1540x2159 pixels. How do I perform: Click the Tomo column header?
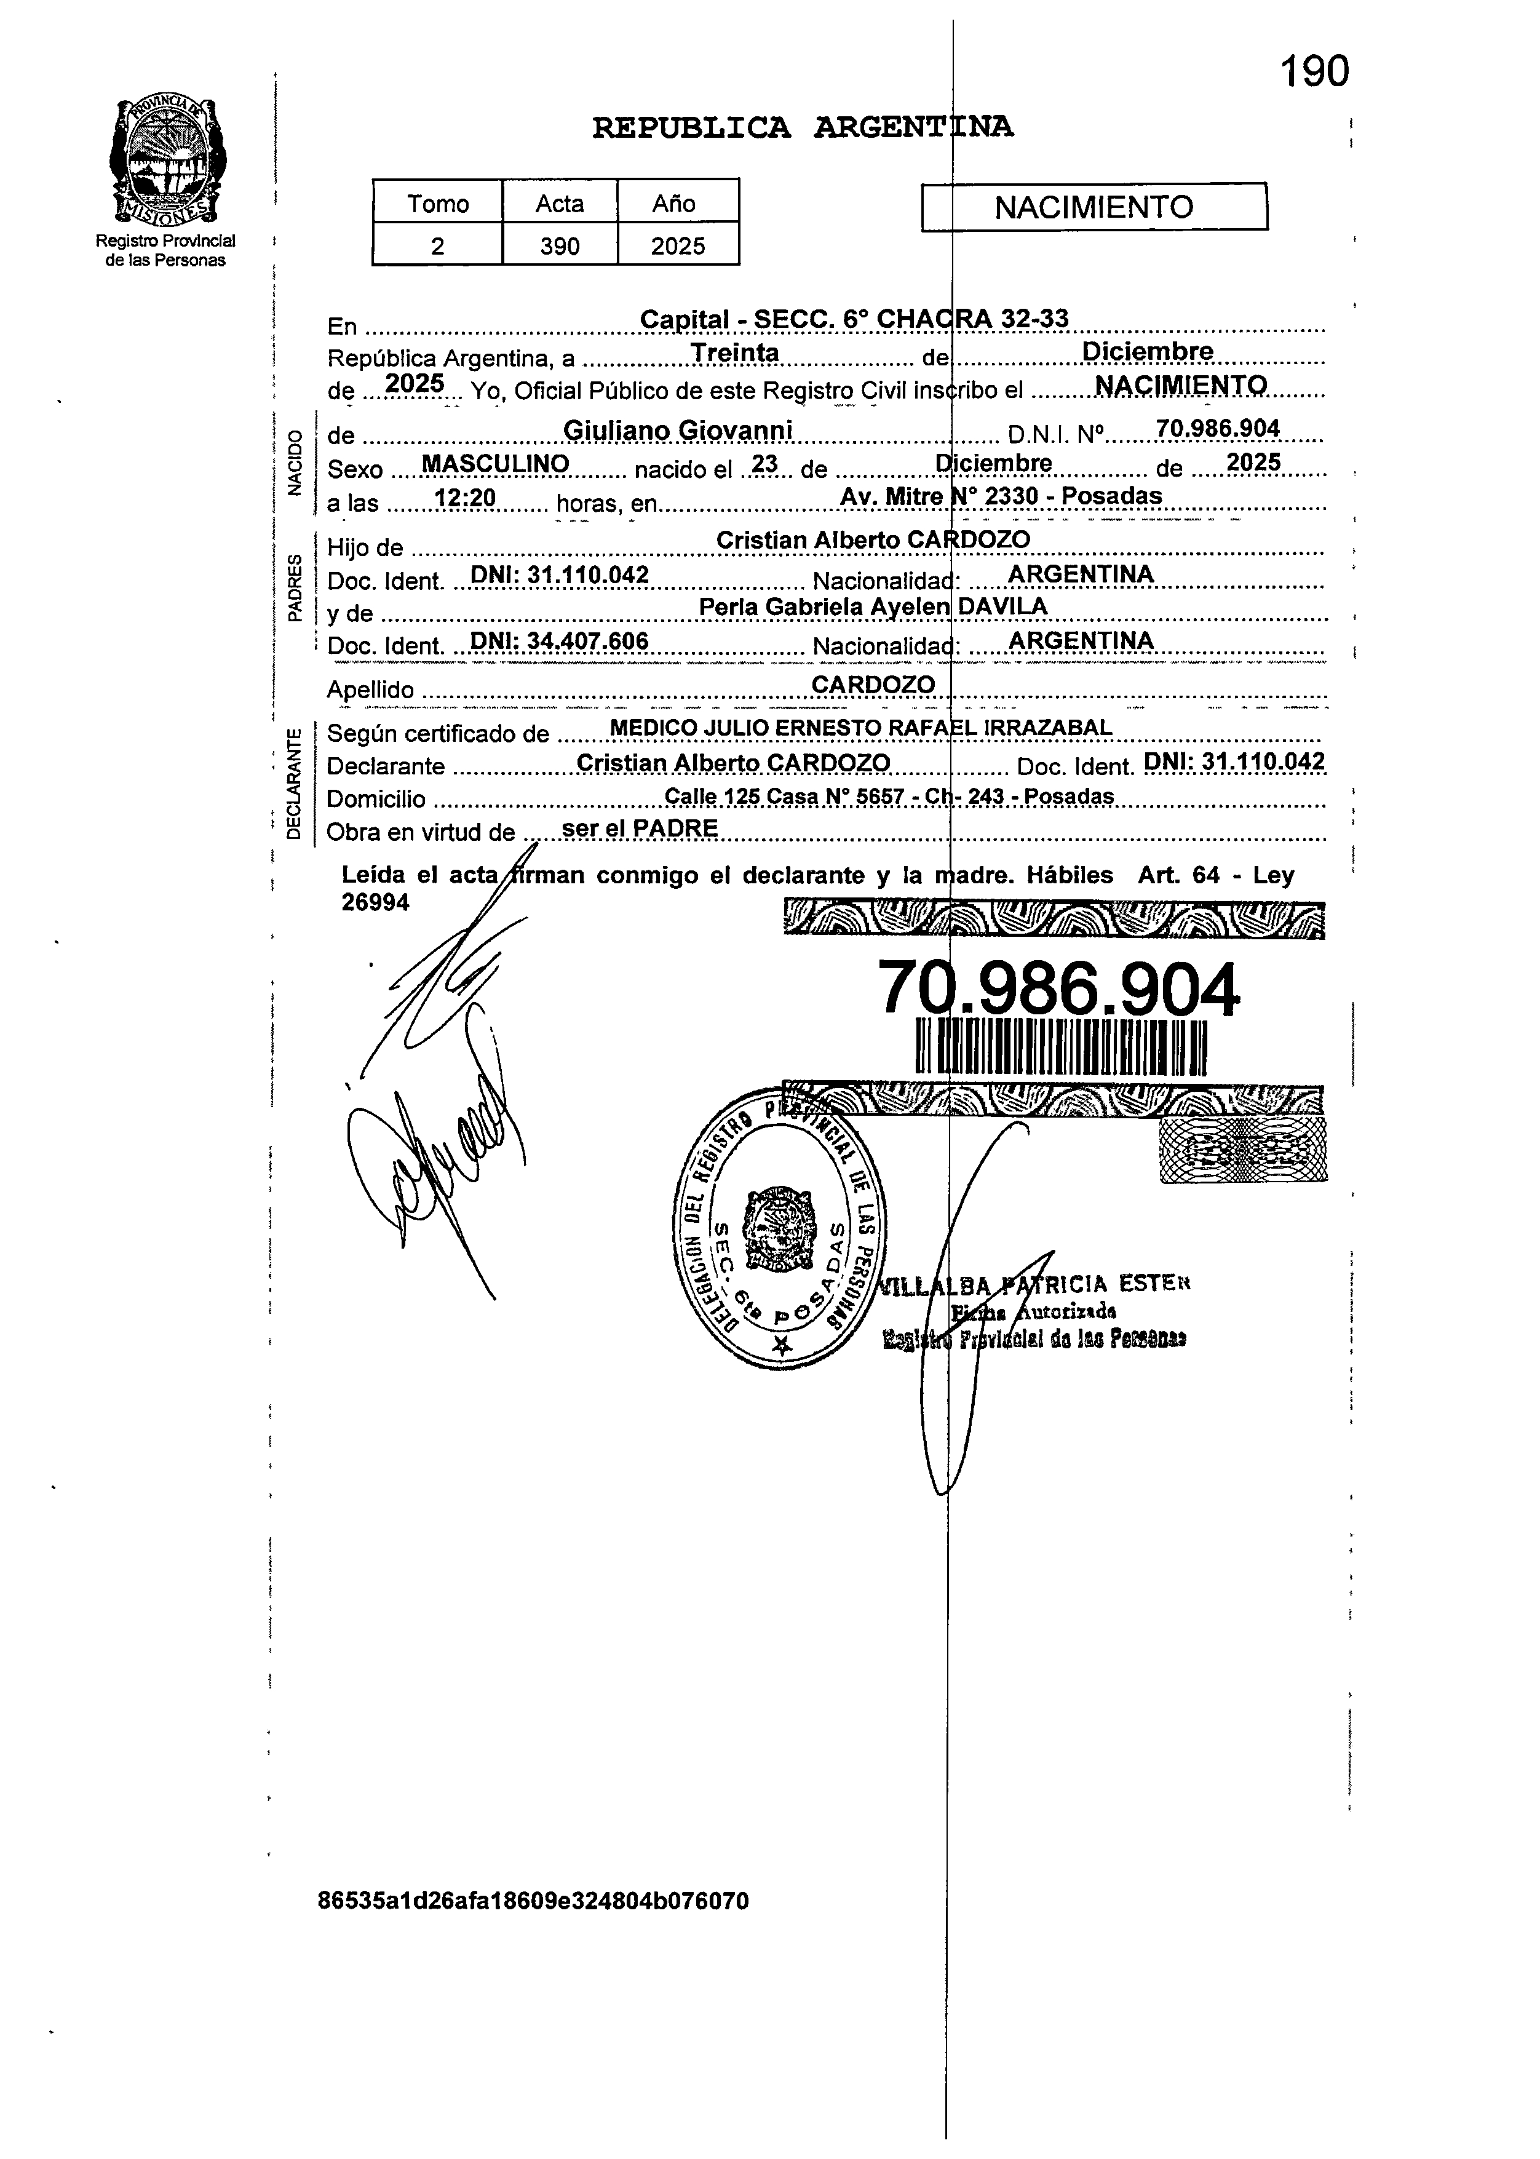(437, 204)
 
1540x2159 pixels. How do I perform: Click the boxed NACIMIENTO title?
(1093, 207)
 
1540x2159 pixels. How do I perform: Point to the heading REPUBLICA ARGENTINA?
(802, 127)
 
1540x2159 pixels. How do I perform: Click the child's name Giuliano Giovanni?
(677, 431)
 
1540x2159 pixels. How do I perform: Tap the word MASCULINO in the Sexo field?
(495, 464)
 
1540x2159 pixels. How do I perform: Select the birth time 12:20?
(465, 499)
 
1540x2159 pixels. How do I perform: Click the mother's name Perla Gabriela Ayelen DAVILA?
(873, 607)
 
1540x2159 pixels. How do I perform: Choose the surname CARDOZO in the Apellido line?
(873, 685)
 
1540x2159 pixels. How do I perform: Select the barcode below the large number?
(1060, 1048)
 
